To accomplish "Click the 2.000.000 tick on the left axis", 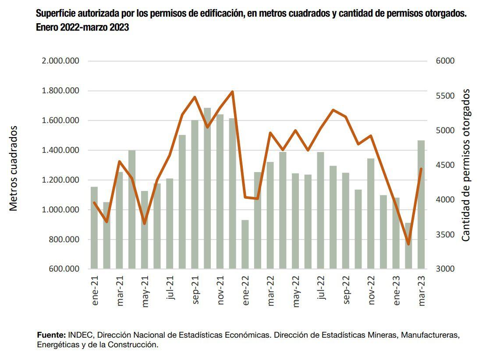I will pyautogui.click(x=60, y=61).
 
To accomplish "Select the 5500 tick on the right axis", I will pyautogui.click(x=446, y=96).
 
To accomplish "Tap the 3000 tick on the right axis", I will pyautogui.click(x=446, y=269).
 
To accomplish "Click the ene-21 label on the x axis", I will pyautogui.click(x=95, y=290).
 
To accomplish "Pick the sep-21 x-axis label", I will pyautogui.click(x=195, y=290).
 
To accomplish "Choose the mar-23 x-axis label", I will pyautogui.click(x=422, y=290).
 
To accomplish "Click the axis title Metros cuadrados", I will pyautogui.click(x=14, y=168).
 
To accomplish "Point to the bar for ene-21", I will pyautogui.click(x=94, y=228).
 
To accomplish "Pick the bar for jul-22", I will pyautogui.click(x=320, y=210).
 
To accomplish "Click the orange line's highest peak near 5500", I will pyautogui.click(x=232, y=92).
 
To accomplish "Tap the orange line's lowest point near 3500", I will pyautogui.click(x=408, y=244).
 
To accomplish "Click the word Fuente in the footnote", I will pyautogui.click(x=51, y=335).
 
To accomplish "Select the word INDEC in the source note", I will pyautogui.click(x=81, y=335).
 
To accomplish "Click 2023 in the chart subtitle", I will pyautogui.click(x=118, y=27).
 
